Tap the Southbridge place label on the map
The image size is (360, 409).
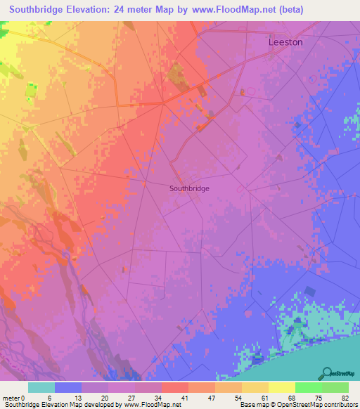189,188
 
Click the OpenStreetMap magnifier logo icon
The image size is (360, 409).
327,373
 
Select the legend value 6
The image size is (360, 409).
49,398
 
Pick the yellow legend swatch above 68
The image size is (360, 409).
281,387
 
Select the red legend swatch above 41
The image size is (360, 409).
174,387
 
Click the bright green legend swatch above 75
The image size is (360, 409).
308,387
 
